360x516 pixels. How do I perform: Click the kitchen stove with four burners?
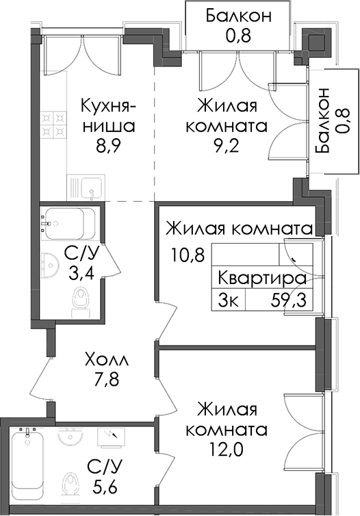point(53,125)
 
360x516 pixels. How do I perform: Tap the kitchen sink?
point(86,188)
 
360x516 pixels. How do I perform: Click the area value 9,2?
point(226,146)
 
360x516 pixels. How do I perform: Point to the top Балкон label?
point(239,16)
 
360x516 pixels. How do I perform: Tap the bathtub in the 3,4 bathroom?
point(70,224)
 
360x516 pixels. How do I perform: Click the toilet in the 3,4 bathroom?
point(80,302)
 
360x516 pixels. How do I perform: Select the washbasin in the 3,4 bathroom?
point(50,266)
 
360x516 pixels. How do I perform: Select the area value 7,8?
point(106,379)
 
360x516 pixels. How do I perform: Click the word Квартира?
point(262,279)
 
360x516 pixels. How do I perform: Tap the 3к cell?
point(229,300)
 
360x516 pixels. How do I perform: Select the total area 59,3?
point(289,300)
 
